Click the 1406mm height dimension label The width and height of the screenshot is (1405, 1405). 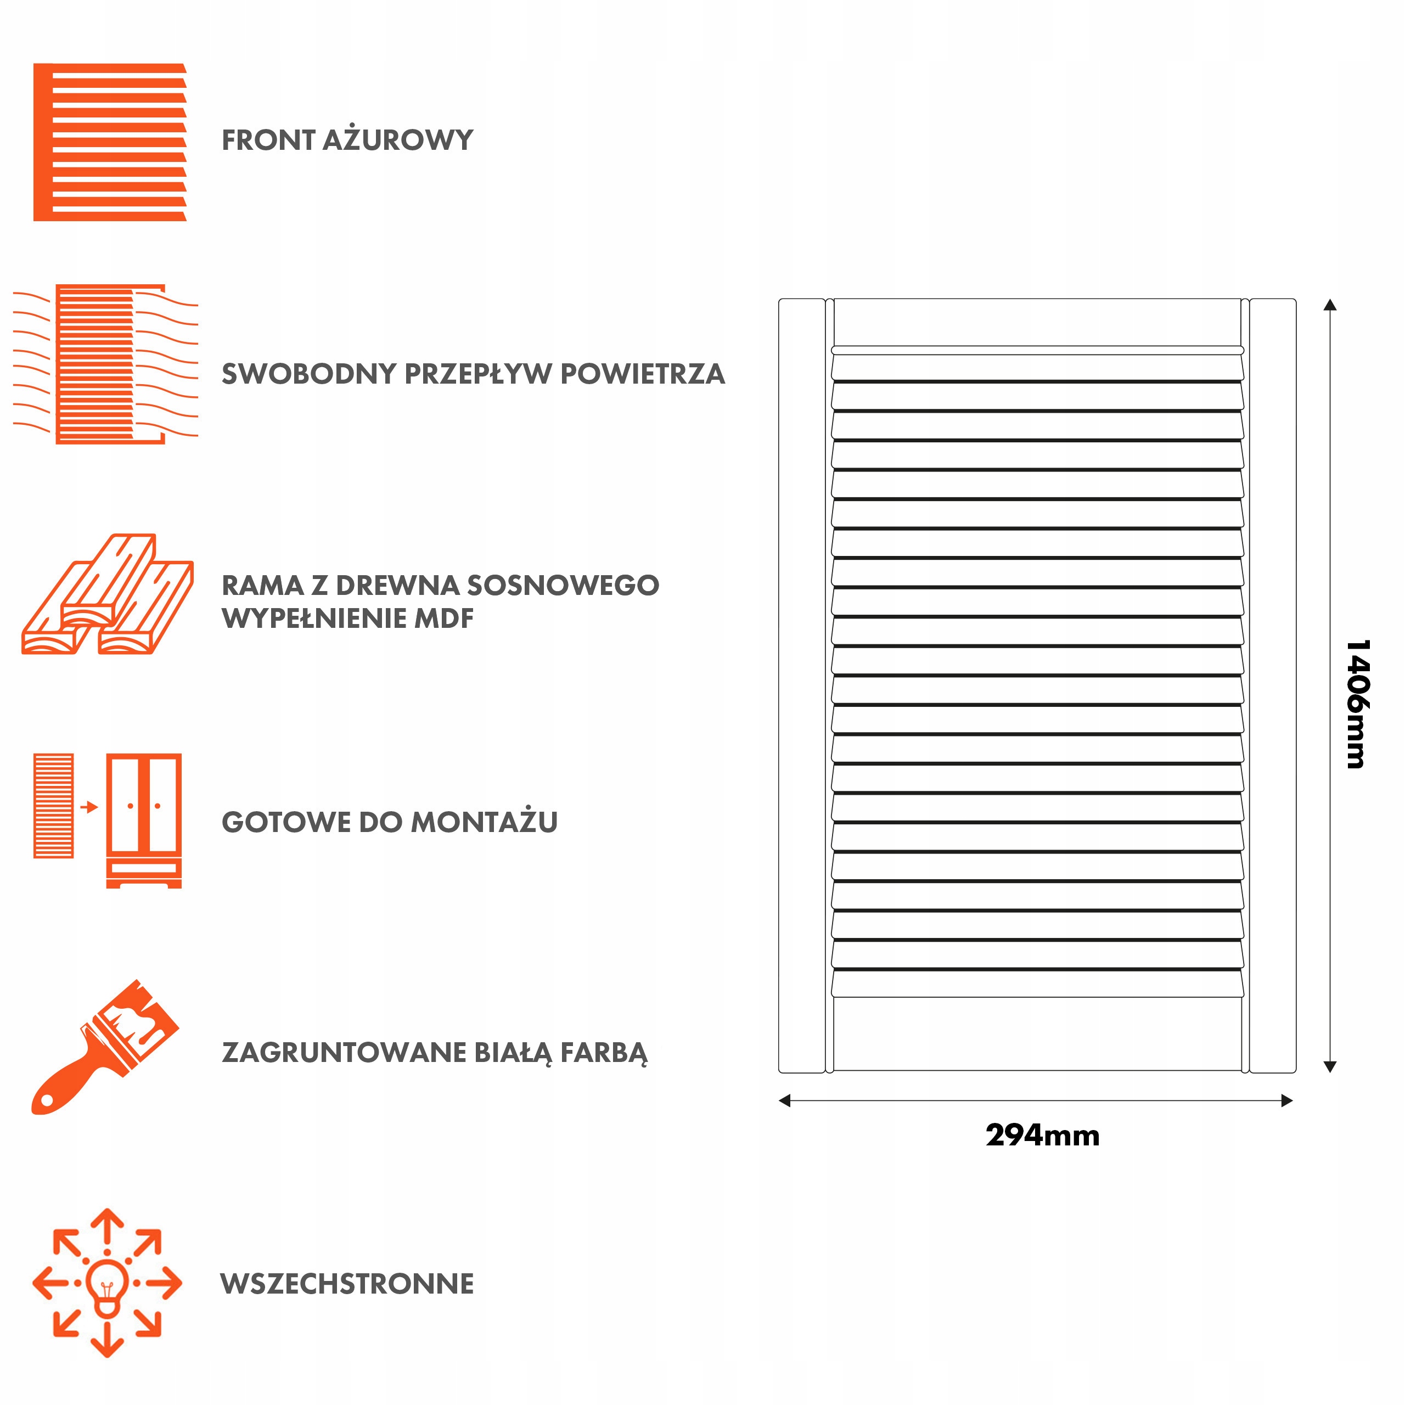(1357, 704)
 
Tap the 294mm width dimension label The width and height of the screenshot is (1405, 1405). (1042, 1135)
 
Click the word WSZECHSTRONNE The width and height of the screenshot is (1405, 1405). (347, 1284)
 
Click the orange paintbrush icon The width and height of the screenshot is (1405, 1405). (105, 1048)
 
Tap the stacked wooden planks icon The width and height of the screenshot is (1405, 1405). (108, 595)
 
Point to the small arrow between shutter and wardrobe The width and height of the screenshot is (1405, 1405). (89, 806)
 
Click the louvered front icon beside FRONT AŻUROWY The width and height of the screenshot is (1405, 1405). (110, 142)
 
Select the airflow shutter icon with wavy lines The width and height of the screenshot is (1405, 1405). (106, 364)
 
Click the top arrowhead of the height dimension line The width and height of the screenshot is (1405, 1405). (1330, 305)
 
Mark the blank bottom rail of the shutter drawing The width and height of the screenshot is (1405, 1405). (1037, 1033)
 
